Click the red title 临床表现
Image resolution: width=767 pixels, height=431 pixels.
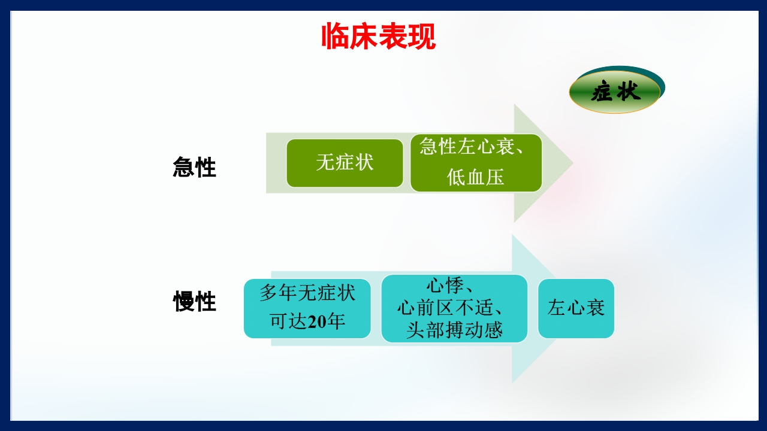pyautogui.click(x=378, y=37)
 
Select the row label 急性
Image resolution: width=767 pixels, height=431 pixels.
pyautogui.click(x=194, y=167)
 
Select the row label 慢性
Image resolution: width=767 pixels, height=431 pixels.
pyautogui.click(x=194, y=302)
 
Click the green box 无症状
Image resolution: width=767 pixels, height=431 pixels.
pyautogui.click(x=345, y=163)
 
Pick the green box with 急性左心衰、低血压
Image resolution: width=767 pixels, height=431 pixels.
pyautogui.click(x=476, y=163)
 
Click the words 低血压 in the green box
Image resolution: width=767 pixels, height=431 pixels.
pyautogui.click(x=476, y=177)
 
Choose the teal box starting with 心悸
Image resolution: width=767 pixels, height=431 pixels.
pyautogui.click(x=454, y=308)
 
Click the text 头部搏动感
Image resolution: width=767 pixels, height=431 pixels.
pyautogui.click(x=454, y=330)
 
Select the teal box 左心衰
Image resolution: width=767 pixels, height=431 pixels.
pyautogui.click(x=576, y=308)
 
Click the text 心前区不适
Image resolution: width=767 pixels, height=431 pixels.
pyautogui.click(x=449, y=308)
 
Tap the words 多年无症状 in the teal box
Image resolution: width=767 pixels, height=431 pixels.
pyautogui.click(x=307, y=293)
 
